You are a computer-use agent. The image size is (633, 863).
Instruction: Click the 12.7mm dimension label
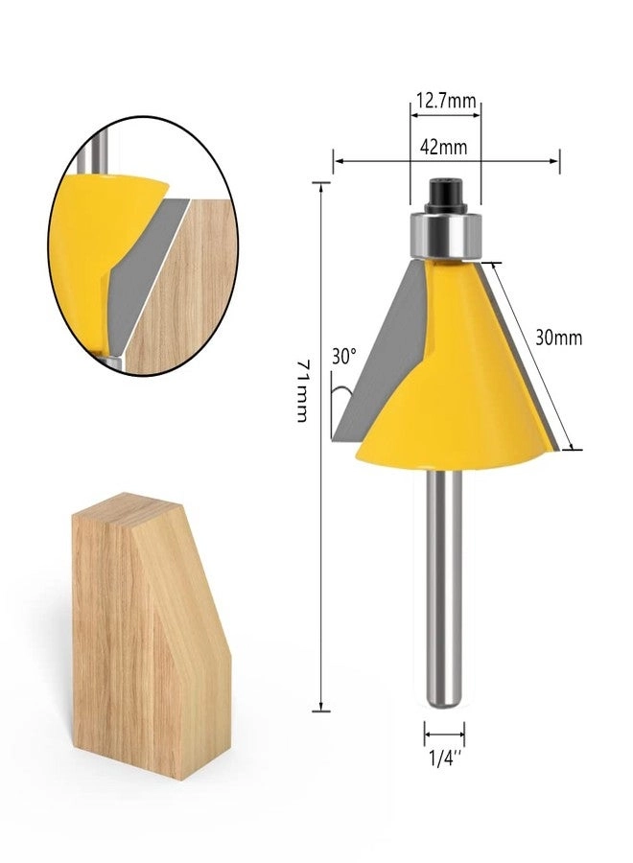pos(445,99)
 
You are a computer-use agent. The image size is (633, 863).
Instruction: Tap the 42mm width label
pos(443,147)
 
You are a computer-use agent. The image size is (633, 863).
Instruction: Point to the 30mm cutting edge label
pos(558,338)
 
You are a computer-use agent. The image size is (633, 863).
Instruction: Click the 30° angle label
pos(343,355)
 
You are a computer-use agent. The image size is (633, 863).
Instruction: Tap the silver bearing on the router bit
pos(444,235)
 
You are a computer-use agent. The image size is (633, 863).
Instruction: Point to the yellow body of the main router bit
pos(460,384)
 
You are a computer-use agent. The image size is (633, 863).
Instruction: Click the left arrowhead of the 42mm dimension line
pos(336,161)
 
